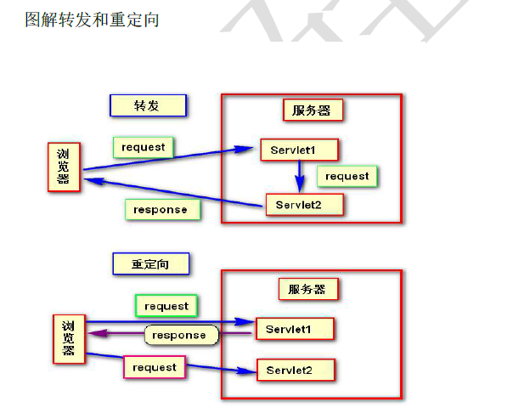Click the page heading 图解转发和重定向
(x=93, y=19)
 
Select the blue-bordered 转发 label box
(x=148, y=105)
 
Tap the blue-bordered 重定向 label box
(x=150, y=264)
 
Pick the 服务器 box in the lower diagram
(x=307, y=289)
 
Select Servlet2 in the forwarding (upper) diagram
(x=304, y=205)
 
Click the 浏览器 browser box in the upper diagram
(x=64, y=167)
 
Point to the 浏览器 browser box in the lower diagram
(x=69, y=339)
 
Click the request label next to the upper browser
(x=144, y=147)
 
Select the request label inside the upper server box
(x=347, y=176)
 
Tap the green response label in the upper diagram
(x=161, y=209)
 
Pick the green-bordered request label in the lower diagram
(x=166, y=305)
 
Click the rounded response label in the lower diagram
(x=179, y=335)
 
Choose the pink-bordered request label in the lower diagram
(x=155, y=367)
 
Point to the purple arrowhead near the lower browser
(x=93, y=335)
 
